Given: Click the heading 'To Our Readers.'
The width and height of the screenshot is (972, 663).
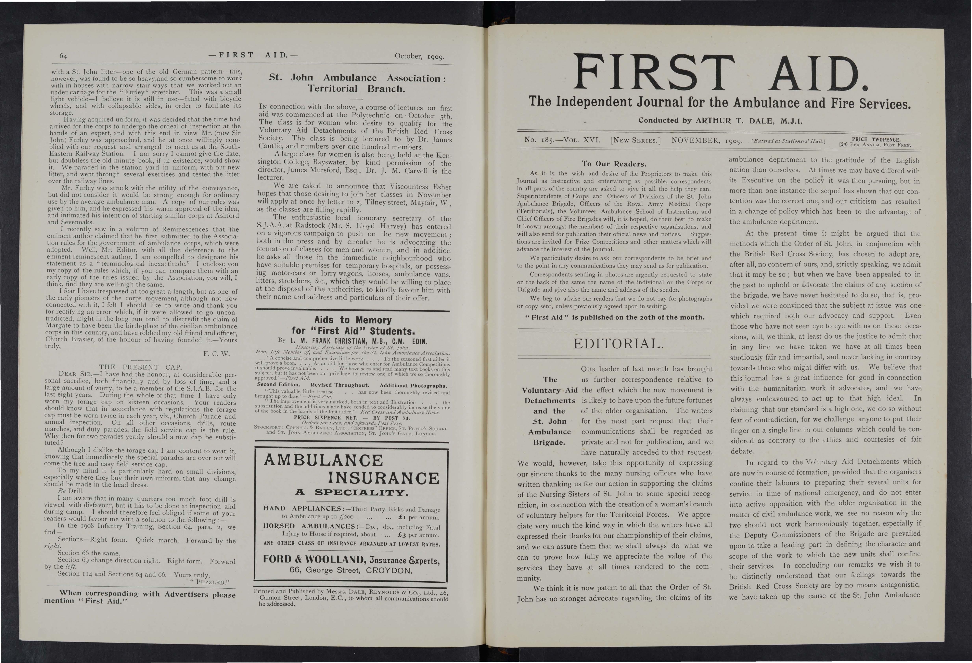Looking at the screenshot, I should coord(614,164).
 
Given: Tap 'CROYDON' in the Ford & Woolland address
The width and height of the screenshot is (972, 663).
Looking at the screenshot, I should coord(389,571).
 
